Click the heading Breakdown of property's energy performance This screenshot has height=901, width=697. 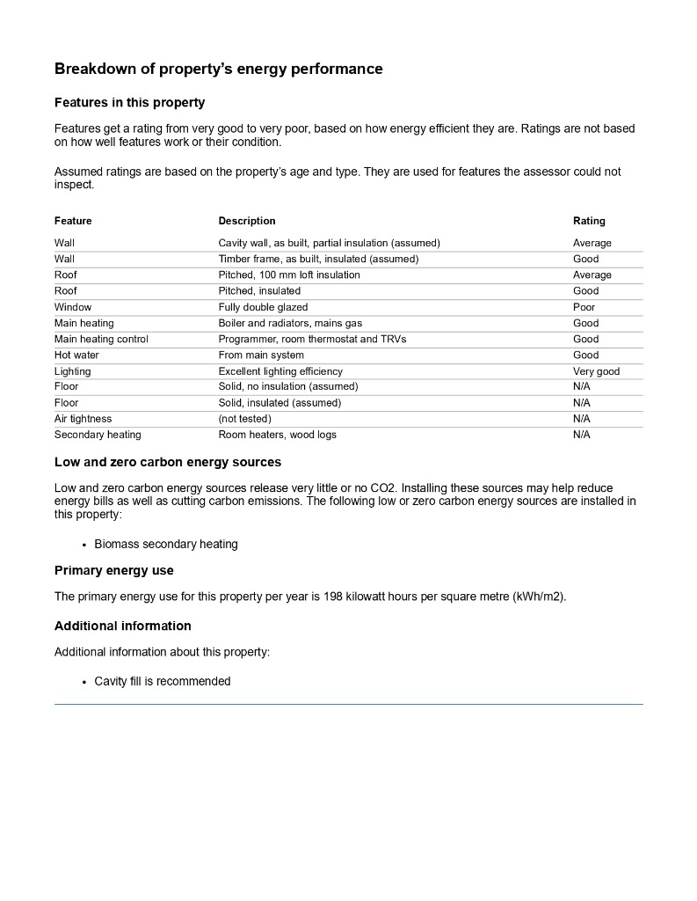click(x=218, y=69)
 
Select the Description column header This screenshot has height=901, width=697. click(x=247, y=221)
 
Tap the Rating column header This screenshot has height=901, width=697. click(x=589, y=221)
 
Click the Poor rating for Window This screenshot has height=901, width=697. click(x=584, y=307)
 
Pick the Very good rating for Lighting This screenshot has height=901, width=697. click(x=596, y=371)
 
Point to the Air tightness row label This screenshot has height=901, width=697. click(x=83, y=419)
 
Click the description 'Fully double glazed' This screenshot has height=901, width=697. click(x=263, y=307)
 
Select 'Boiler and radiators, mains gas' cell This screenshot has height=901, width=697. click(x=290, y=323)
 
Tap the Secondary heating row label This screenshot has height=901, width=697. click(x=98, y=435)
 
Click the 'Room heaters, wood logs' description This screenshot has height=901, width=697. click(x=277, y=435)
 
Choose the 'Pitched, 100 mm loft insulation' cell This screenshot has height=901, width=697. click(x=289, y=275)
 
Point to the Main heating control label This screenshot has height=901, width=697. click(x=101, y=339)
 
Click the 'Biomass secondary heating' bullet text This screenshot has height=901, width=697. click(x=166, y=544)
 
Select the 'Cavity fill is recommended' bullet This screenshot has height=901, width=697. click(x=163, y=681)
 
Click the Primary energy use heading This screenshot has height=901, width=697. click(x=114, y=570)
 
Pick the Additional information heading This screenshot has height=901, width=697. click(x=122, y=626)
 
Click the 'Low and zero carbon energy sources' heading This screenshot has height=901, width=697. click(x=168, y=461)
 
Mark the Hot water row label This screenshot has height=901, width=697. click(x=76, y=355)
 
